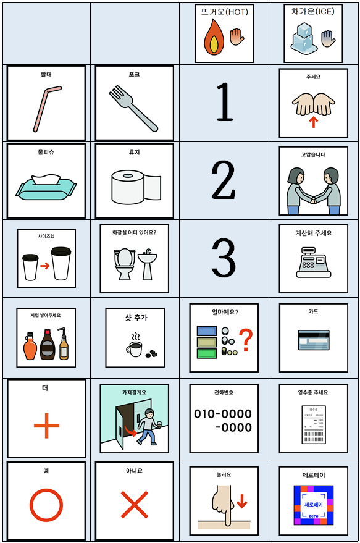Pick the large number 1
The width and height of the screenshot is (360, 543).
pyautogui.click(x=224, y=103)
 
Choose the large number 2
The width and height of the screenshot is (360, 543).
pyautogui.click(x=224, y=181)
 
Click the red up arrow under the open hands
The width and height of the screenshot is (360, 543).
pyautogui.click(x=314, y=122)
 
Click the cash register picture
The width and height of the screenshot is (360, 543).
pyautogui.click(x=314, y=266)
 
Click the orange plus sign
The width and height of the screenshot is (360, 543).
pyautogui.click(x=46, y=427)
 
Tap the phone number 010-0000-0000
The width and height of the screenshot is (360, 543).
pyautogui.click(x=224, y=420)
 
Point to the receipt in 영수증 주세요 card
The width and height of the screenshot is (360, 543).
pyautogui.click(x=314, y=424)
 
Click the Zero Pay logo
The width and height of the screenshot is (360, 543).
pyautogui.click(x=314, y=505)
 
